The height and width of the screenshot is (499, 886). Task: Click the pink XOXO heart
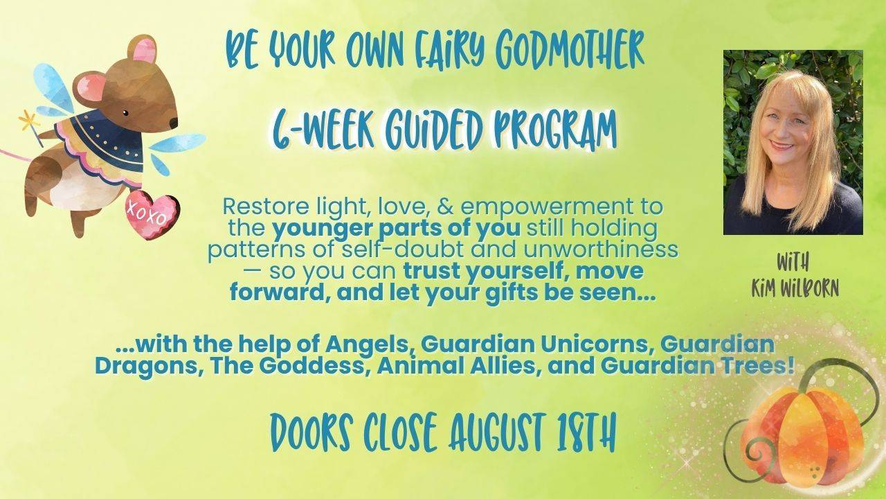pos(152,216)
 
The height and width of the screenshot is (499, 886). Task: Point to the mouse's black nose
pos(174,123)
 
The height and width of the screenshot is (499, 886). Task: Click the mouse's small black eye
pos(125,113)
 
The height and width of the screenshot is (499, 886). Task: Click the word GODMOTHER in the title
pos(570,53)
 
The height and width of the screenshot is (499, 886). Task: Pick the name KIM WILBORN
pos(795,288)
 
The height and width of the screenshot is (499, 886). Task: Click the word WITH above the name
pos(793,262)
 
